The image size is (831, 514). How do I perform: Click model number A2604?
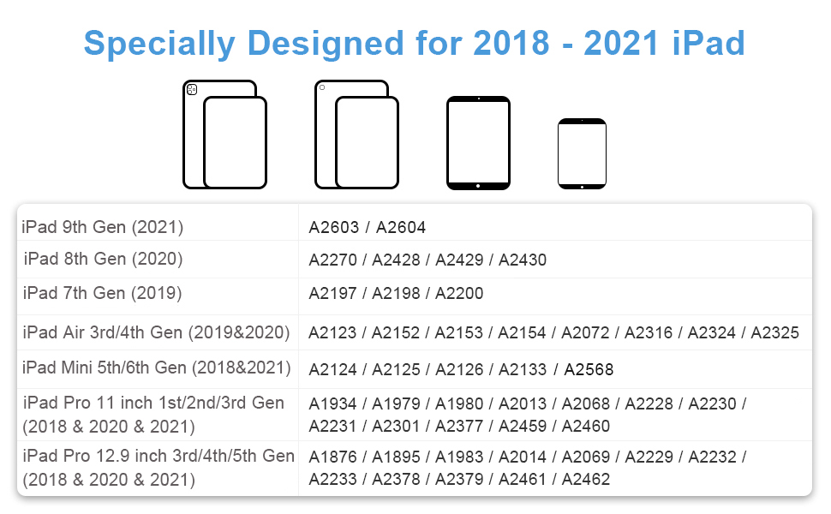(401, 227)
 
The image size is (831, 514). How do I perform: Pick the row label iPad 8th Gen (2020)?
(103, 259)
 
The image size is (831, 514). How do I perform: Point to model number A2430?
(523, 260)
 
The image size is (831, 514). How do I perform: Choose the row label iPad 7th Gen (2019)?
(102, 293)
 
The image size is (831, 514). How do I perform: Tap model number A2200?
(459, 294)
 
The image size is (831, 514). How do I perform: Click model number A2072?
(586, 332)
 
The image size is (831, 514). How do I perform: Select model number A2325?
(775, 332)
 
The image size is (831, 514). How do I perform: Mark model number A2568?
(589, 370)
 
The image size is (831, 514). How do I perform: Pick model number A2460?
(586, 426)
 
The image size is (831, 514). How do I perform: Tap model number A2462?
(586, 480)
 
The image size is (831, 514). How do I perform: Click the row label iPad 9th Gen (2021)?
(103, 227)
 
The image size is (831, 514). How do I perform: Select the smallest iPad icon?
(582, 153)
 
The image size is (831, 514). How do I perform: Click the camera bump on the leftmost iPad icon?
(192, 89)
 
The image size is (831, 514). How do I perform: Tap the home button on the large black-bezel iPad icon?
(478, 183)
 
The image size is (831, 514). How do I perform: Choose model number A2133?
(522, 370)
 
